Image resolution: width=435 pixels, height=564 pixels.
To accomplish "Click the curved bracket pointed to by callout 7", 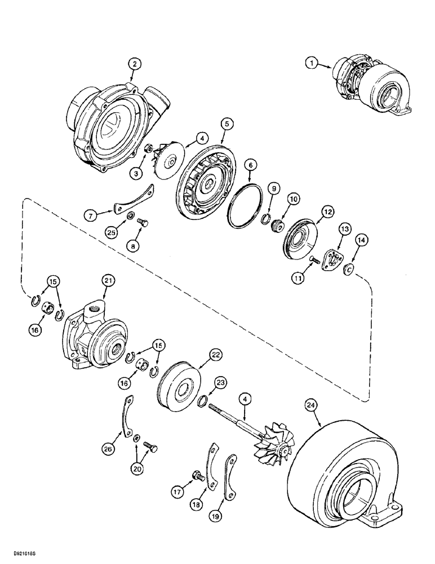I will point(131,200).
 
